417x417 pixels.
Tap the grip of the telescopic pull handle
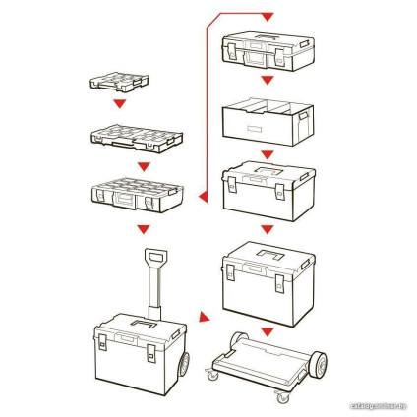[x=154, y=262]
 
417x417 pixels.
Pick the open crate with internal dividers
[x=268, y=121]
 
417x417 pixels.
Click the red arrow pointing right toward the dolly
[x=205, y=318]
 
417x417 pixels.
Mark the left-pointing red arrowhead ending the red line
[x=203, y=200]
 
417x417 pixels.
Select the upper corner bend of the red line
[x=207, y=11]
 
